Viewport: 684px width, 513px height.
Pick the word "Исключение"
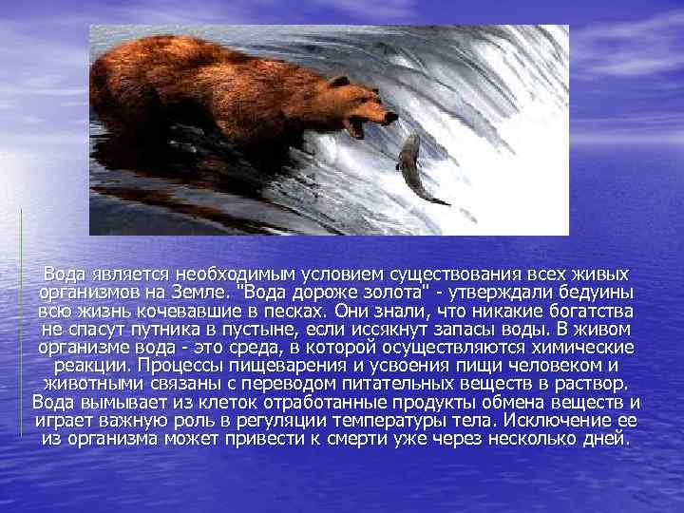[x=551, y=420]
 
